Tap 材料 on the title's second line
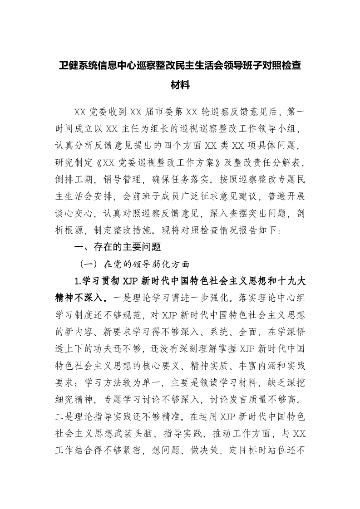[180, 85]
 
